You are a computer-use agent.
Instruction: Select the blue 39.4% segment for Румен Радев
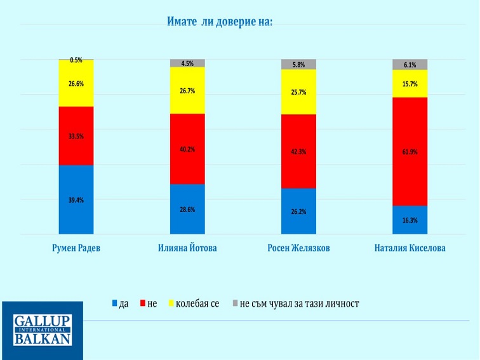76,199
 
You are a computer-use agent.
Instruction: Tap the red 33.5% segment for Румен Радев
76,135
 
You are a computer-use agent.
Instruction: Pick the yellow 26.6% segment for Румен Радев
76,83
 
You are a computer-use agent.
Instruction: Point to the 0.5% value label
76,60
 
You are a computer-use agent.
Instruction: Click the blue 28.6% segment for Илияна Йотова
187,209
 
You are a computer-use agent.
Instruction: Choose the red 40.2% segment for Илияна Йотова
187,149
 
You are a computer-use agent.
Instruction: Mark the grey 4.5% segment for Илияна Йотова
187,63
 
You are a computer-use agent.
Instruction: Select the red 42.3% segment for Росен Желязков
298,151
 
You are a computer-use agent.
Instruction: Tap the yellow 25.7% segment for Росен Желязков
298,92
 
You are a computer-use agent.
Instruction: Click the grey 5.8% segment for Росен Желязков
298,64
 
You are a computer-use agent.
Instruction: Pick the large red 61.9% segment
410,152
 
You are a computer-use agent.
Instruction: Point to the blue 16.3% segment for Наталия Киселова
410,220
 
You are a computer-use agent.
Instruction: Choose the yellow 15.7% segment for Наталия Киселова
410,84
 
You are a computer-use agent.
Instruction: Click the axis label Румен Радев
76,248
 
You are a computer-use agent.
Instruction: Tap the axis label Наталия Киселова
410,248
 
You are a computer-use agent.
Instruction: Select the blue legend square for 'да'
115,304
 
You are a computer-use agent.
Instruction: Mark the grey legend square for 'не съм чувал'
235,304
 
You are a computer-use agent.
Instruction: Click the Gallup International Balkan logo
42,330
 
